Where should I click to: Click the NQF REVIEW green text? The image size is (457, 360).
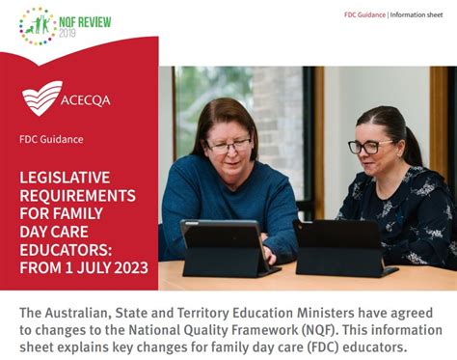pos(85,22)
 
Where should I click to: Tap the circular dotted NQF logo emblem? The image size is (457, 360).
pos(38,26)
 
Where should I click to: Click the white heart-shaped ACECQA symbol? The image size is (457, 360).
pos(42,97)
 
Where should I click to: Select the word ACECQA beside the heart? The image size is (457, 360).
pos(86,100)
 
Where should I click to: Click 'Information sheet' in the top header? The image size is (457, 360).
pos(417,14)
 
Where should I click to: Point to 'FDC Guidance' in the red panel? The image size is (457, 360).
pos(51,139)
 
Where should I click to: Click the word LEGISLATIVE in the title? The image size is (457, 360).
pos(65,178)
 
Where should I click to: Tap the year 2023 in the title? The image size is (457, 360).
pos(131,267)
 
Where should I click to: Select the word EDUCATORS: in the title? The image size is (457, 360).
pos(66,250)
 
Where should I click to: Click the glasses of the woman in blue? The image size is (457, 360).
pos(228,147)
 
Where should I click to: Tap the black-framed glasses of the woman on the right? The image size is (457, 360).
pos(369,147)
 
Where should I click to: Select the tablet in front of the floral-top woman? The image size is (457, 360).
pos(342,248)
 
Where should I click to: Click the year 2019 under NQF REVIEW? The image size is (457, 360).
pos(67,33)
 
